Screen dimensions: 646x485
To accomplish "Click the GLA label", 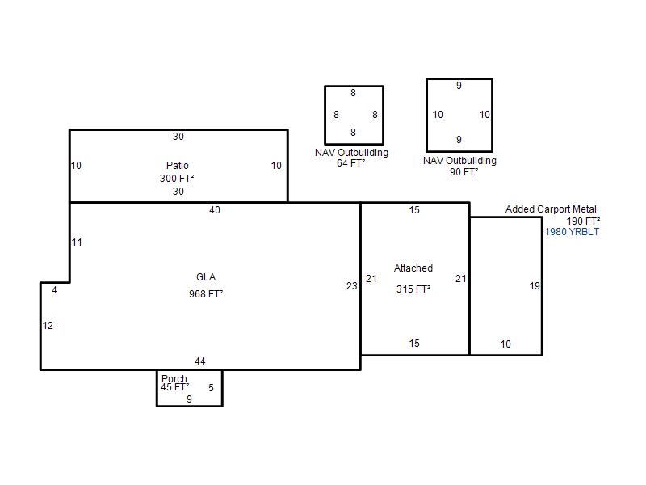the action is click(x=206, y=277).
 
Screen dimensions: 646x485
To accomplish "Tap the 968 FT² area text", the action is click(x=206, y=294).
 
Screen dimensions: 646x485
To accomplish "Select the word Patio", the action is click(x=177, y=166).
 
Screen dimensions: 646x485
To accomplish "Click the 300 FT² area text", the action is click(x=177, y=179).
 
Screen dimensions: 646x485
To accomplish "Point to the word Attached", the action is click(x=413, y=268).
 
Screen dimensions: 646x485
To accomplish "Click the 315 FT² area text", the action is click(x=413, y=289).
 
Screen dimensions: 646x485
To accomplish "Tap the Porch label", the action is click(x=174, y=378).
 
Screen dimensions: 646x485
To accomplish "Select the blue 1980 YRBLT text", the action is click(x=572, y=232).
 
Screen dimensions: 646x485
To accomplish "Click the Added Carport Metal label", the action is click(x=551, y=209).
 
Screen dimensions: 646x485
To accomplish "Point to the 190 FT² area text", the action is click(x=583, y=221).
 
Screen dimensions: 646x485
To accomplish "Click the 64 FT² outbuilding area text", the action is click(x=350, y=163).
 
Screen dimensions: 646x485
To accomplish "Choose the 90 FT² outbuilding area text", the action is click(x=464, y=172).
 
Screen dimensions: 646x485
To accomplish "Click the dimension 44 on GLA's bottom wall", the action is click(x=200, y=361).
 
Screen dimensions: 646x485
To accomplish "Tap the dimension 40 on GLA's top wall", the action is click(x=215, y=210).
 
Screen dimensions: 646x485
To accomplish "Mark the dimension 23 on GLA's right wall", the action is click(x=352, y=286).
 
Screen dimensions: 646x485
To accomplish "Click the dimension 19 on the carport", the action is click(x=535, y=286).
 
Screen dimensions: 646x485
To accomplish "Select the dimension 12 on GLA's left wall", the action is click(x=48, y=326).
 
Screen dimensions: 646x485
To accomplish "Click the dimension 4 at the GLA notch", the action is click(x=54, y=290).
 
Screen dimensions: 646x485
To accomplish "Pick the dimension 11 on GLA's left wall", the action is click(x=77, y=242).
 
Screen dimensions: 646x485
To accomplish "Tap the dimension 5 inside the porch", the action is click(x=211, y=388).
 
